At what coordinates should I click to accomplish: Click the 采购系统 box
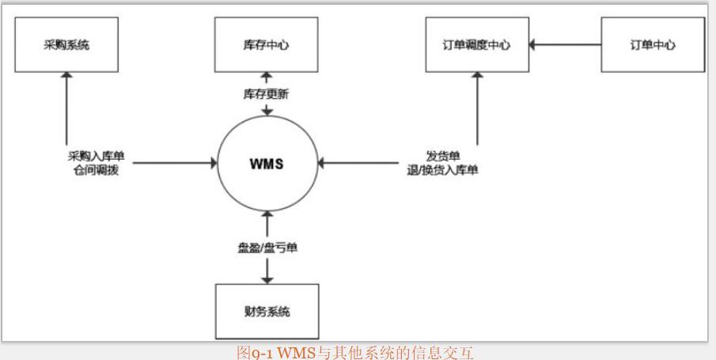pyautogui.click(x=66, y=44)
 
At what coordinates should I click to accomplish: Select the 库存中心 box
pyautogui.click(x=266, y=44)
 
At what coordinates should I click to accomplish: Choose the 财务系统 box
pyautogui.click(x=267, y=311)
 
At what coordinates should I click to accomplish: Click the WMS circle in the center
pyautogui.click(x=267, y=165)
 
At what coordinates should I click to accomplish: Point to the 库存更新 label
pyautogui.click(x=266, y=93)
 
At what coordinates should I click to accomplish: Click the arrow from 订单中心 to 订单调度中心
pyautogui.click(x=566, y=44)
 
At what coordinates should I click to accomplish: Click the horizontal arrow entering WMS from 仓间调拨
pyautogui.click(x=175, y=164)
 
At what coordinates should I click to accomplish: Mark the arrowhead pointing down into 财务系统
pyautogui.click(x=267, y=279)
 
